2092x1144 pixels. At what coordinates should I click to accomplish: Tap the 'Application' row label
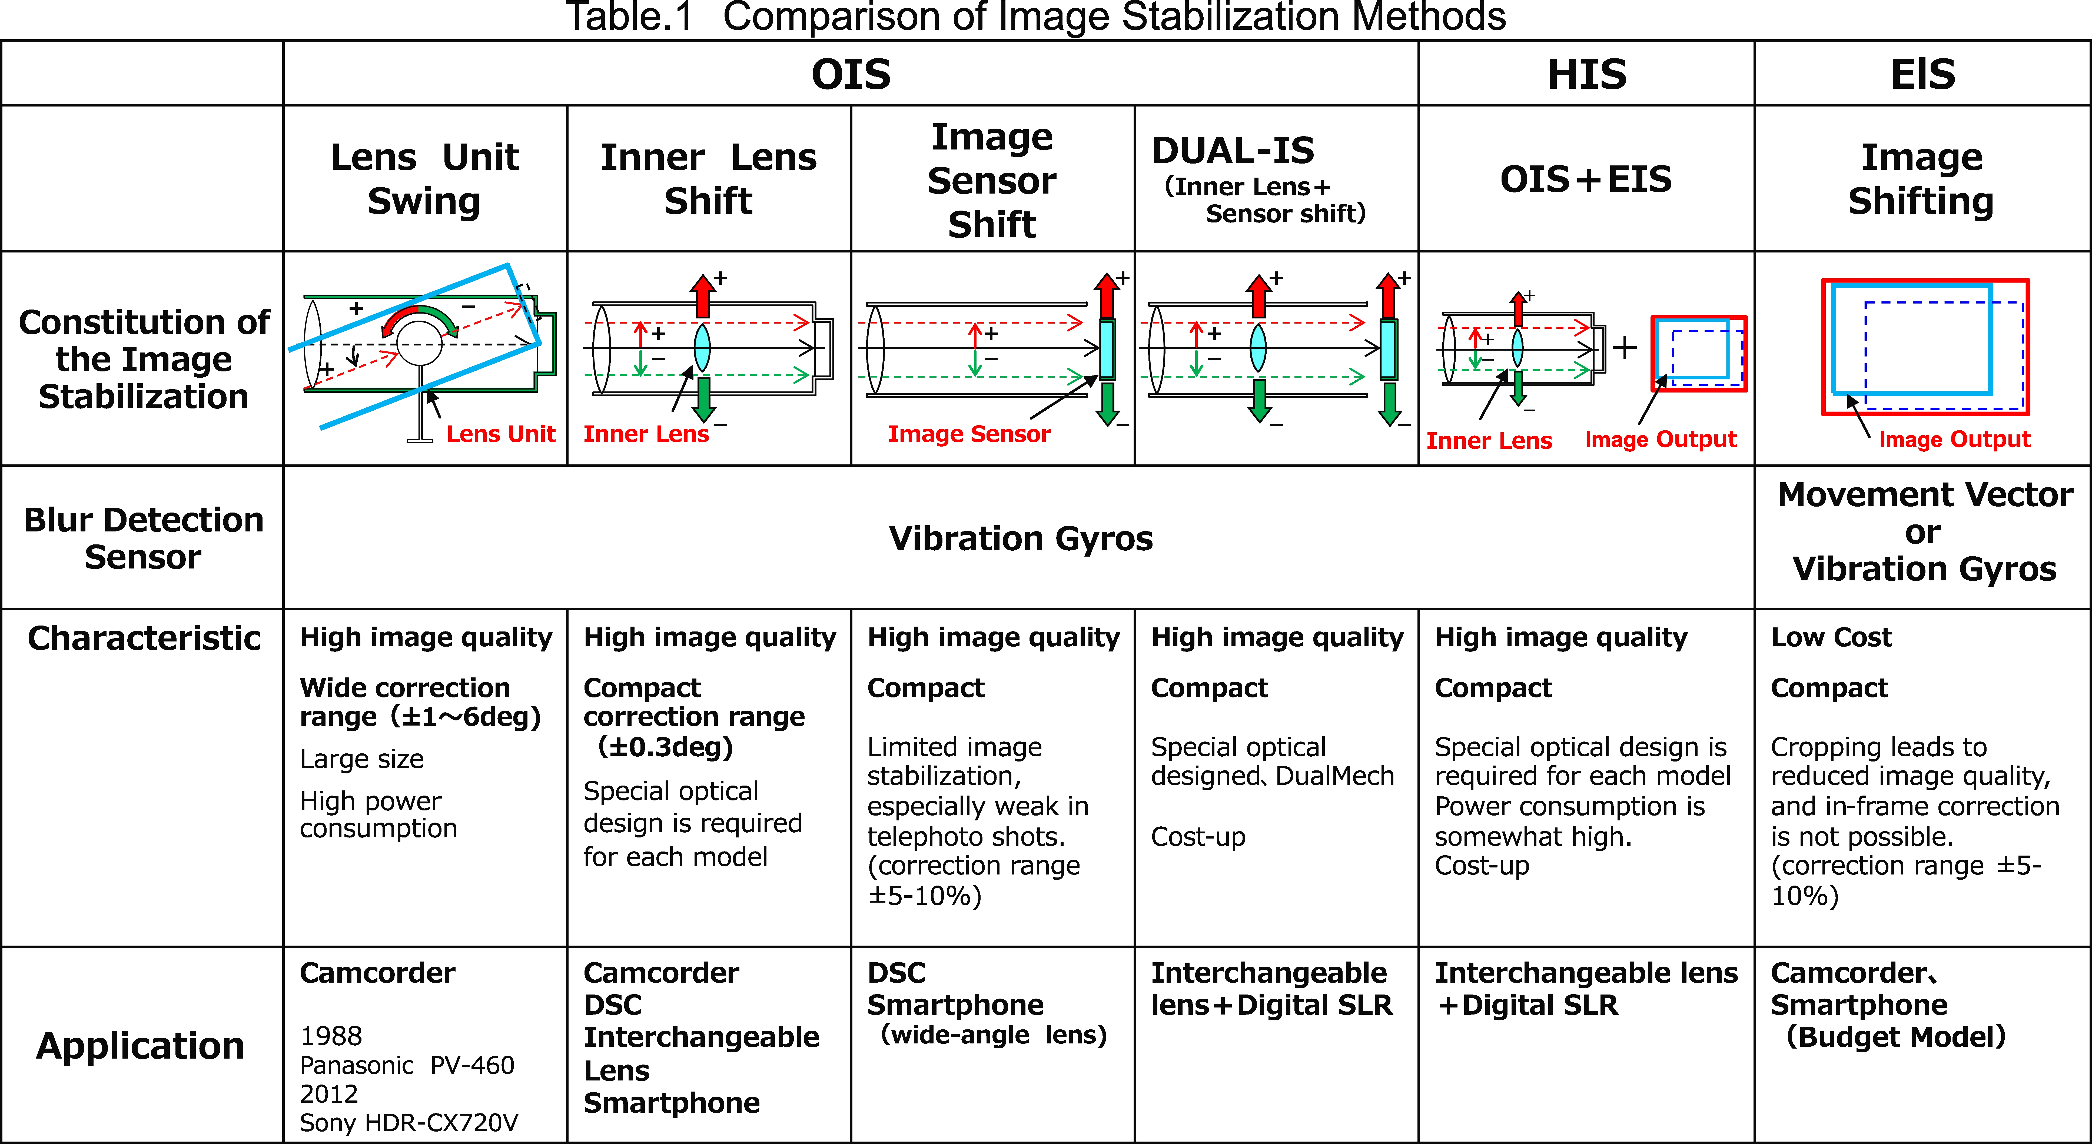tap(141, 1046)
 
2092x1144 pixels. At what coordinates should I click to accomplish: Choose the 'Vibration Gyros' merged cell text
tap(1021, 538)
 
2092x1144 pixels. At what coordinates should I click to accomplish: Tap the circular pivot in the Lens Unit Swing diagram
tap(420, 344)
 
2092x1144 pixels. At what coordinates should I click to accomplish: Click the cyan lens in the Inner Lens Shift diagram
tap(702, 348)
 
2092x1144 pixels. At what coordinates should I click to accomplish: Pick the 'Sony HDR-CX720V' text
tap(409, 1123)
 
